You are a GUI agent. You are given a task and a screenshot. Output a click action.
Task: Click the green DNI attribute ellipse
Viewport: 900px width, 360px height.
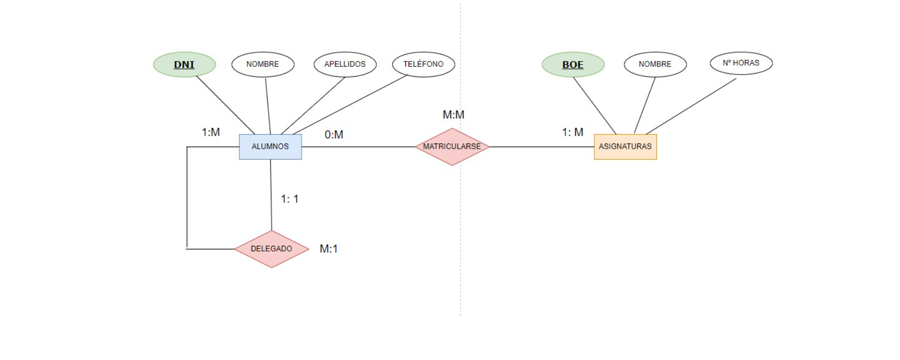point(184,65)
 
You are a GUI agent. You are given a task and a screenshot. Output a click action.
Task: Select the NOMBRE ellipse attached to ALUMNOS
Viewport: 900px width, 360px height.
point(262,64)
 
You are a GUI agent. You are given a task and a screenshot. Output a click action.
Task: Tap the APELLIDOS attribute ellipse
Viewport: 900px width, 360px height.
point(345,64)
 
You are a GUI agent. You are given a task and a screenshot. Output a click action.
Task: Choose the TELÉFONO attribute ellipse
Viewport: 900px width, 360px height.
point(423,64)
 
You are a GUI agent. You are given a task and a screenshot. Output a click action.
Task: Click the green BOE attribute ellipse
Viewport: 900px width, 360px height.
point(573,65)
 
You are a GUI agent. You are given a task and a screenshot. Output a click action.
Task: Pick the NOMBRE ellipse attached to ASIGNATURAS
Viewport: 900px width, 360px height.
point(655,64)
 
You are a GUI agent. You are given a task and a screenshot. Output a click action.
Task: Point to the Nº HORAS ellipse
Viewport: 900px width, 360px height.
point(741,63)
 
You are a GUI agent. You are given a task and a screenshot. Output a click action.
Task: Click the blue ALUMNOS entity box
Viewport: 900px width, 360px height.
point(270,147)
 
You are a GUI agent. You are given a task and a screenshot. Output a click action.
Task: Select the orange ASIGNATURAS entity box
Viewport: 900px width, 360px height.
point(625,147)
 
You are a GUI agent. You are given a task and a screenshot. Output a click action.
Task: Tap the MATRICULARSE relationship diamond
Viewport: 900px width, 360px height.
point(452,147)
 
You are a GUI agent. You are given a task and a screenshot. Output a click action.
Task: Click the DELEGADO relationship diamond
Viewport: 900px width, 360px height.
point(271,249)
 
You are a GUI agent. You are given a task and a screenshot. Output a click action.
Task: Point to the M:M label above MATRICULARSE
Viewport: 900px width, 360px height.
point(453,115)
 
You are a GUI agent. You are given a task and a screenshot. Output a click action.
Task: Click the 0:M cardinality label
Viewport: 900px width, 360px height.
point(334,135)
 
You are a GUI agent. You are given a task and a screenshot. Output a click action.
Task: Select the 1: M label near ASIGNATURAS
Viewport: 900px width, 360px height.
point(572,133)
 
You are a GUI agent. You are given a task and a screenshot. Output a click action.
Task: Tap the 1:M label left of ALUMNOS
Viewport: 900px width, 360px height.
point(211,133)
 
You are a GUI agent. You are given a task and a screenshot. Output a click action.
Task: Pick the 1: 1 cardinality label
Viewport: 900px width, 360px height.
point(290,199)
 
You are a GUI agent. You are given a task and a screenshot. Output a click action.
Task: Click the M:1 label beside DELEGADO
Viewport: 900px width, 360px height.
point(329,249)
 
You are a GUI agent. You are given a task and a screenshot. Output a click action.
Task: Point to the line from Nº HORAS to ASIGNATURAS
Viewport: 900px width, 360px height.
point(691,106)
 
